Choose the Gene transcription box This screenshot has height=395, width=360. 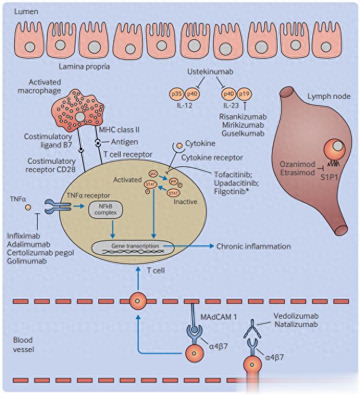(x=127, y=246)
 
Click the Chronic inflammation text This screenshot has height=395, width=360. (x=254, y=246)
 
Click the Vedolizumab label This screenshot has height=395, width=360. (x=296, y=316)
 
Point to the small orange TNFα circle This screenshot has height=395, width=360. (x=28, y=208)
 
